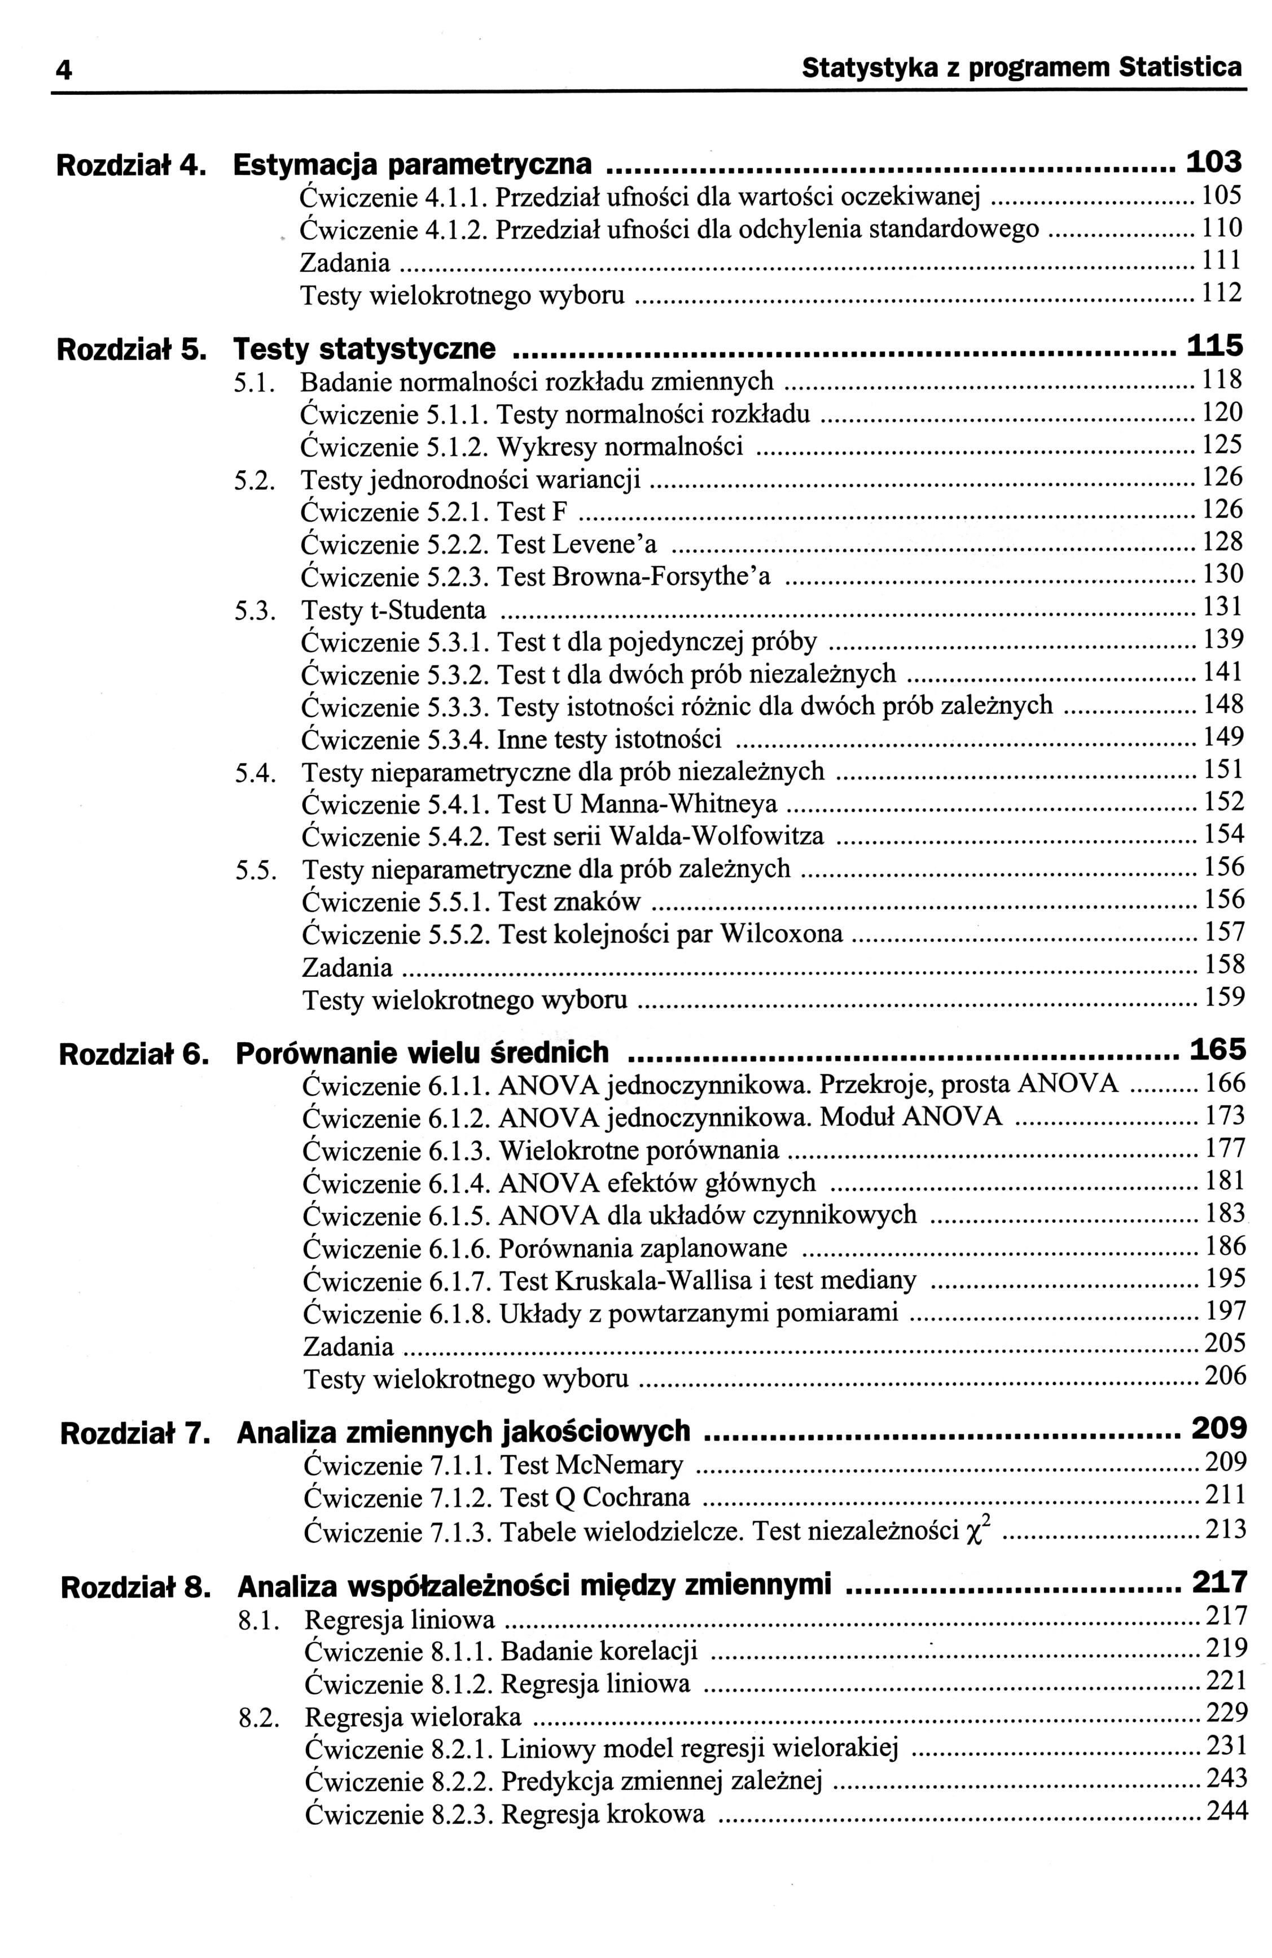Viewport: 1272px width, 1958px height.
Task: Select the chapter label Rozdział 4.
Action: tap(128, 165)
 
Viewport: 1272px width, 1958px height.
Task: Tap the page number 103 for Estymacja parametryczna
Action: tap(1213, 162)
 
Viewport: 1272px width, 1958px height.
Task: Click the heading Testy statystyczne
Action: tap(365, 349)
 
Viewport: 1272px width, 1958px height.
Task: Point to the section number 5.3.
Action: tap(253, 611)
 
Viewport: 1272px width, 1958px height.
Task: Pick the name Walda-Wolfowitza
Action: tap(716, 836)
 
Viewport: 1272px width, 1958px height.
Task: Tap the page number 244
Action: tap(1226, 1811)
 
